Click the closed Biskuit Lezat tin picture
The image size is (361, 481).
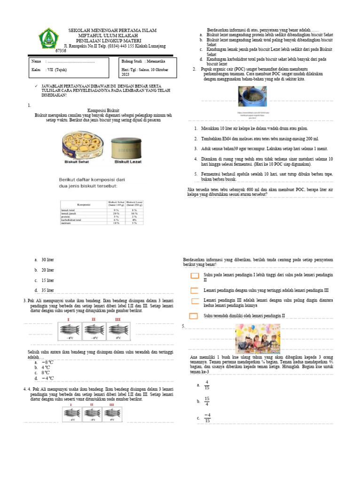tap(127, 147)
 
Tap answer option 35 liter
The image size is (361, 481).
tap(47, 291)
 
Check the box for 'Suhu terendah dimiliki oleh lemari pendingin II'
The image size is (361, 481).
tap(193, 316)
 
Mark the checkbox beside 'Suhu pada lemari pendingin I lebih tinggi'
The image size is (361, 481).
tap(195, 275)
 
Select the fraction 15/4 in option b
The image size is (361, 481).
tap(207, 401)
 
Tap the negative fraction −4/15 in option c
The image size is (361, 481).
tap(207, 418)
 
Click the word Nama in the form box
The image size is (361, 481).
tap(36, 62)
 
